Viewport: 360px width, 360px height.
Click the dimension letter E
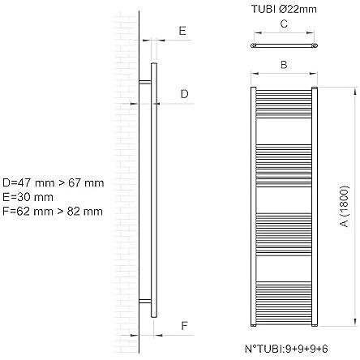click(182, 31)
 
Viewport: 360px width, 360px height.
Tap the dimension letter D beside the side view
click(184, 94)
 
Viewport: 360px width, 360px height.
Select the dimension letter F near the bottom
click(184, 326)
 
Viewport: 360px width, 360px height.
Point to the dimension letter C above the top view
click(284, 24)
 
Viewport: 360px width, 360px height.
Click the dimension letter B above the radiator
click(284, 65)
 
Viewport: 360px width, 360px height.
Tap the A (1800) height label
click(345, 206)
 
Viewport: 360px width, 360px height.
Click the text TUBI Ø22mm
click(284, 10)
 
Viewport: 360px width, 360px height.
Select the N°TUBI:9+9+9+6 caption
click(286, 349)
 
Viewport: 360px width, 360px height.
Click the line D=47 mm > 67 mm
click(54, 183)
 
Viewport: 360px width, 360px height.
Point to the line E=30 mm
click(28, 197)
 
